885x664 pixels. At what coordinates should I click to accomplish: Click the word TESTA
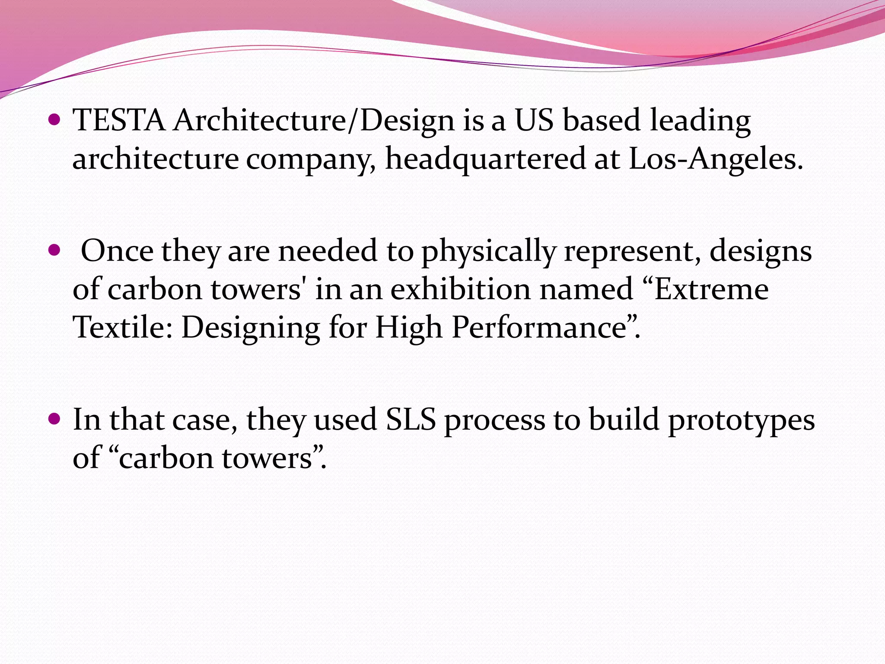click(119, 120)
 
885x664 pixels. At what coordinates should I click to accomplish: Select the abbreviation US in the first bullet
click(534, 120)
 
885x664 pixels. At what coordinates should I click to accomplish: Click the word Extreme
click(711, 289)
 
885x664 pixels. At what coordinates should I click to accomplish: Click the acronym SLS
click(411, 420)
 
